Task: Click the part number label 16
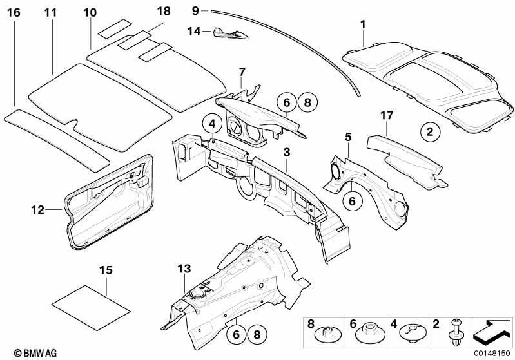click(14, 12)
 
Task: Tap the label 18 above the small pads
click(164, 11)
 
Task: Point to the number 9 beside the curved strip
click(196, 10)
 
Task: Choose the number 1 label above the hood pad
click(363, 24)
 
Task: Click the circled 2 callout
click(430, 131)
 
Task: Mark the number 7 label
click(242, 71)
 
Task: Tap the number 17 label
click(387, 115)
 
